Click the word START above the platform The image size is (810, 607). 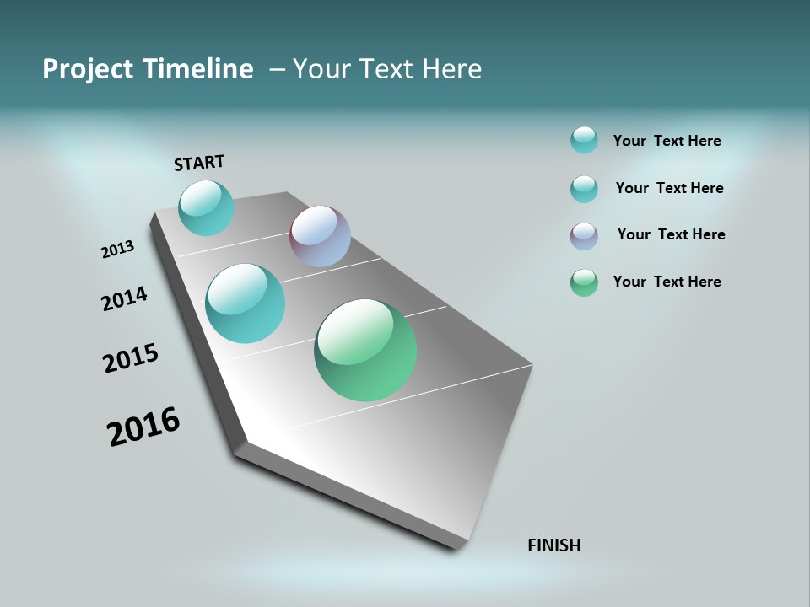click(x=199, y=163)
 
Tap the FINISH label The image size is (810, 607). click(x=553, y=545)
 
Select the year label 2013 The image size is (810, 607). click(x=117, y=250)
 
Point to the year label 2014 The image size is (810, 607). click(x=124, y=299)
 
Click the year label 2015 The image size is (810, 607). click(x=131, y=358)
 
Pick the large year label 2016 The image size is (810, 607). click(x=143, y=427)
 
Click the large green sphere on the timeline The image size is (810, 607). click(x=365, y=350)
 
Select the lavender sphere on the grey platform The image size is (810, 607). click(x=320, y=236)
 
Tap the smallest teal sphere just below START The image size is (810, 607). click(x=206, y=207)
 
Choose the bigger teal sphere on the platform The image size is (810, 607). click(x=246, y=303)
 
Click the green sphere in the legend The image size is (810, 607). click(x=584, y=282)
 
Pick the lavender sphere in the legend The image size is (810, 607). click(x=584, y=236)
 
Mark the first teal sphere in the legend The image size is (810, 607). click(x=584, y=140)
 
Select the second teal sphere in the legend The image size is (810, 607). click(x=584, y=189)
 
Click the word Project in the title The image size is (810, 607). click(x=87, y=69)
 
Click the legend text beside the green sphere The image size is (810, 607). click(x=667, y=282)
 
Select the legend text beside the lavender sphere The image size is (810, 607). click(x=671, y=234)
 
